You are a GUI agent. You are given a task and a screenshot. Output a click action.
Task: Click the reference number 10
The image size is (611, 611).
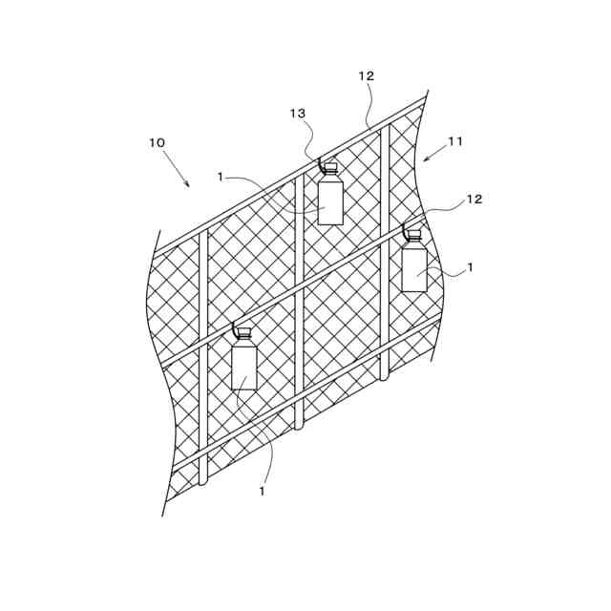(x=157, y=143)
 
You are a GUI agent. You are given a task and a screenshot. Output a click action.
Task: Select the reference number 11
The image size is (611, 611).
(x=455, y=141)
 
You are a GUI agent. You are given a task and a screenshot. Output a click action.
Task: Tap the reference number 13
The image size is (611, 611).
(x=298, y=114)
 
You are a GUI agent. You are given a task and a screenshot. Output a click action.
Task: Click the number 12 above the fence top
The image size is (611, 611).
(x=367, y=76)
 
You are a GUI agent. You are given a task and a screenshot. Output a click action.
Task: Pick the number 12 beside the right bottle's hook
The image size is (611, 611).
(x=474, y=200)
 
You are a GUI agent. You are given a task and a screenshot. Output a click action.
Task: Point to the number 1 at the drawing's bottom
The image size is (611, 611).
(x=262, y=492)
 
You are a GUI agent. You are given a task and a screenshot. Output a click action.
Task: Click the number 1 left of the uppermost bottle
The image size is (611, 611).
(x=221, y=177)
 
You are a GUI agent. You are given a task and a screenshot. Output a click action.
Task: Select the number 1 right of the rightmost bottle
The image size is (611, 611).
(x=470, y=268)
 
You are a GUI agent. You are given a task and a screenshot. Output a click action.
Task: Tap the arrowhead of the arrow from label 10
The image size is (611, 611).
(x=188, y=185)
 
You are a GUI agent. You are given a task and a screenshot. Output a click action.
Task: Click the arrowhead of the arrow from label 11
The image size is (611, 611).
(x=425, y=159)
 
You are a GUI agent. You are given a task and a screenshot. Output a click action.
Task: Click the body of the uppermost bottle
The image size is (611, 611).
(x=330, y=200)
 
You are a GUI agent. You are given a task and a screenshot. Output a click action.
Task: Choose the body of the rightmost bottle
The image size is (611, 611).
(x=414, y=268)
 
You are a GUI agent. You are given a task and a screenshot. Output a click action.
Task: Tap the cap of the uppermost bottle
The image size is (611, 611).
(x=330, y=167)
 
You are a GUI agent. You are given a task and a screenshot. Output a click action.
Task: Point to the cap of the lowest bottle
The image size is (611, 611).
(x=244, y=333)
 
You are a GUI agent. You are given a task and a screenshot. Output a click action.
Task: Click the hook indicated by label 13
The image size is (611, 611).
(x=321, y=163)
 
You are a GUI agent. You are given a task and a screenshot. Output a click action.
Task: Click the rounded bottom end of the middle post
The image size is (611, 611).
(x=299, y=426)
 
